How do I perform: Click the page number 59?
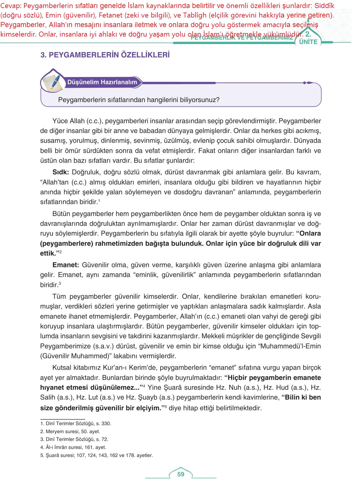(x=181, y=474)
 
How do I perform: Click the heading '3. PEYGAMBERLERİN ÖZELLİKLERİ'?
(x=105, y=55)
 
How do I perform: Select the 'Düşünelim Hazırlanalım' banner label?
(x=102, y=82)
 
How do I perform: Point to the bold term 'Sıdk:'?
(x=61, y=172)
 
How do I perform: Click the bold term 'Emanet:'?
(x=66, y=265)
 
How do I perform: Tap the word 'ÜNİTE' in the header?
(x=308, y=42)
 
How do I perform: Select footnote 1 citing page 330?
(x=76, y=423)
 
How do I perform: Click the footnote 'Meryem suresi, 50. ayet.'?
(x=70, y=431)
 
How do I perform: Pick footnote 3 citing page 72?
(x=74, y=439)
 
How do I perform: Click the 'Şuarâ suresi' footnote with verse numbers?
(x=97, y=455)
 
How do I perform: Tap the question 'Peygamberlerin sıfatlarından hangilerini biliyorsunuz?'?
(x=139, y=100)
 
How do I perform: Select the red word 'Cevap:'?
(x=10, y=6)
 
